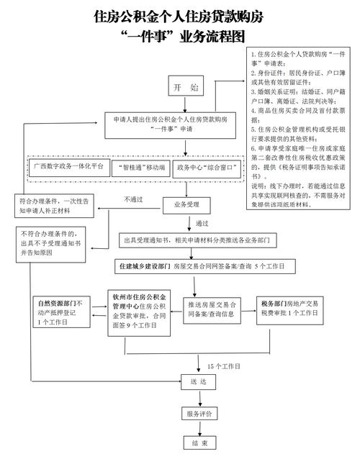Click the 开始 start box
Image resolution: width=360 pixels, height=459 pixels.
(186, 88)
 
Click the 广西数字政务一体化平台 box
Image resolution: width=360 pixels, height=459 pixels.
(68, 167)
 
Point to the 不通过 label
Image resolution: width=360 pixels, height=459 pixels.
(134, 199)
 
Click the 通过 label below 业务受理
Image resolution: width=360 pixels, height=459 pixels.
(202, 223)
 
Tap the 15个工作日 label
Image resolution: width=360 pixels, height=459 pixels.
(224, 366)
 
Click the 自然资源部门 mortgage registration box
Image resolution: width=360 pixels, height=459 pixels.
(60, 313)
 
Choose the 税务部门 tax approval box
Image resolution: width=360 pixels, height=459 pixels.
(289, 308)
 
